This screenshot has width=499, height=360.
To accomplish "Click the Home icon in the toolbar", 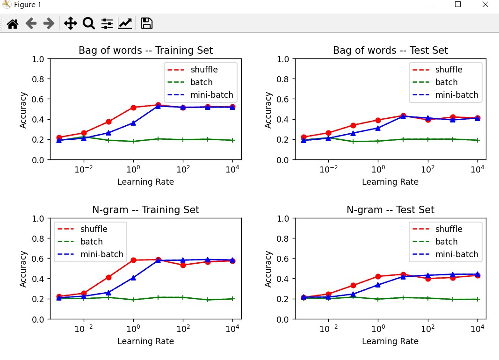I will (12, 23).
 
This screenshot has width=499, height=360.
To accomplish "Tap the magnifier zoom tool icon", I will (88, 23).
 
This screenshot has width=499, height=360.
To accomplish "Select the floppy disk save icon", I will (146, 23).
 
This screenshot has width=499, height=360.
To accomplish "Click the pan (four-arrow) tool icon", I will (70, 23).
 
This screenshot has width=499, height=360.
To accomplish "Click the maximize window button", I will (458, 5).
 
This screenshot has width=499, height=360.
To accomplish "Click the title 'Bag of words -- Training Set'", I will (145, 50).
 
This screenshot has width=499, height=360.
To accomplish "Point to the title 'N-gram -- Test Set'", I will (391, 210).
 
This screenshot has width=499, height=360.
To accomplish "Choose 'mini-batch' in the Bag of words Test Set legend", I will (456, 95).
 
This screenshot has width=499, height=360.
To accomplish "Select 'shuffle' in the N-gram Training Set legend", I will (94, 229).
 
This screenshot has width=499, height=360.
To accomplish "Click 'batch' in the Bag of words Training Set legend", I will (202, 82).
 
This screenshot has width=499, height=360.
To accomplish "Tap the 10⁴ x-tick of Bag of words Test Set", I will (477, 170).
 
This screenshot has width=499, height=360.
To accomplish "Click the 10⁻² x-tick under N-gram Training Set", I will (84, 329).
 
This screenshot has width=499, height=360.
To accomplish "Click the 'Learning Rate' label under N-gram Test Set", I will (390, 341).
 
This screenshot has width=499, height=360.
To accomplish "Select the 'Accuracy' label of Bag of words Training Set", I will (23, 110).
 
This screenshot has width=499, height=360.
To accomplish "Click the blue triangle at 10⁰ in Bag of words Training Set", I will (133, 123).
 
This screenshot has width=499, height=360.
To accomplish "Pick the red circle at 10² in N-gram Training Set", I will (183, 265).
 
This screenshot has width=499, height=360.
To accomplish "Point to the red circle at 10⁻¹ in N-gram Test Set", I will (353, 285).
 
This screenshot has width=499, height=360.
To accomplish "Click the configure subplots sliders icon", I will (107, 23).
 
